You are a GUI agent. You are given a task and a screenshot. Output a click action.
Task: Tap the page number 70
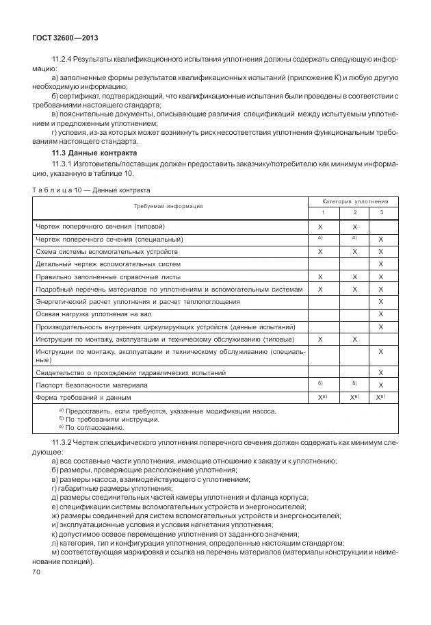(38, 571)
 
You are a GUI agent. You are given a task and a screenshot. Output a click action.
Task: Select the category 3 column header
(380, 212)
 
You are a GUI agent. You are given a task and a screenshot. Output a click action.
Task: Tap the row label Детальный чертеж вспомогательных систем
(108, 264)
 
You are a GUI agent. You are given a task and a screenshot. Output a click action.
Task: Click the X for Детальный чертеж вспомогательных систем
(380, 264)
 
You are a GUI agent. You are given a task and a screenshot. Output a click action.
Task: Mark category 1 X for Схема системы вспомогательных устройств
(320, 251)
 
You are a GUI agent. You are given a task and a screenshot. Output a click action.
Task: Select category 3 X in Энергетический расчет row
(380, 301)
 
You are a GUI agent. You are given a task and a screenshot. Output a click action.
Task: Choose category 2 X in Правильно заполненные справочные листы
(354, 277)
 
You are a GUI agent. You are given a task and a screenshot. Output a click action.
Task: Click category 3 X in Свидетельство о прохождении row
(380, 372)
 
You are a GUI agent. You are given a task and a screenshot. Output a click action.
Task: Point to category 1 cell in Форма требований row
(320, 397)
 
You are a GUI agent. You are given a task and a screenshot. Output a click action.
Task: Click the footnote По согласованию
(90, 427)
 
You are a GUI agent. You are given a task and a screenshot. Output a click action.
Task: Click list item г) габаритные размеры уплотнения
(112, 488)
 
